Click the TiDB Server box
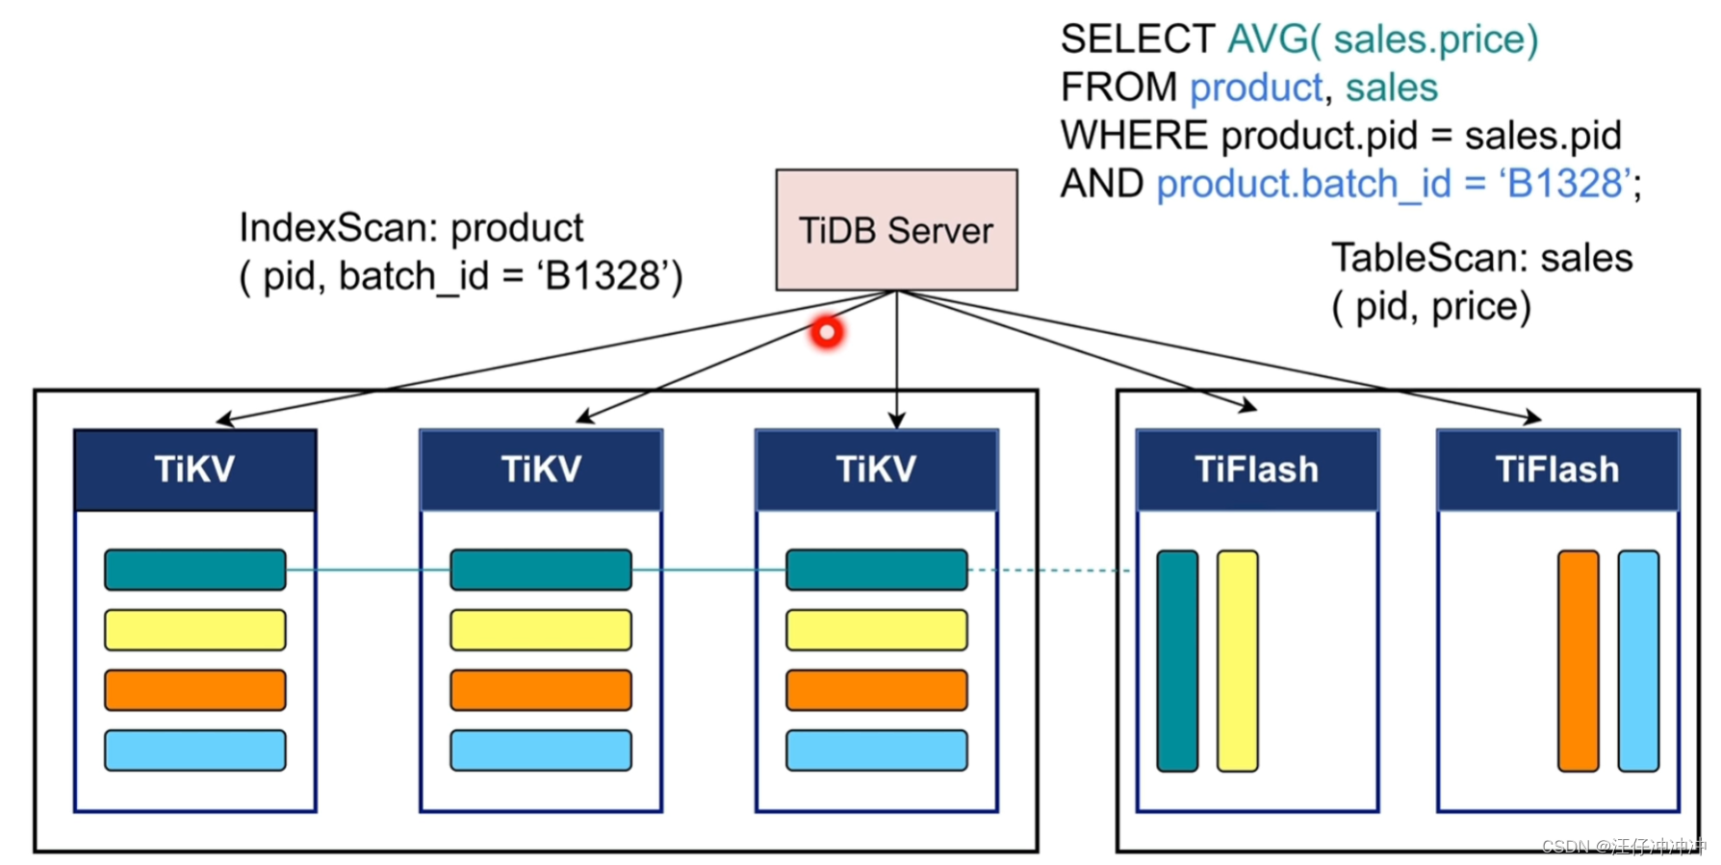(896, 230)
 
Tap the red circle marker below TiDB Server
(826, 332)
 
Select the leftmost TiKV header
(194, 470)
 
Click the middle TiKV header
(541, 470)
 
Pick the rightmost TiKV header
(876, 470)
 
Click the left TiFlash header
(1257, 470)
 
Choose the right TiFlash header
(1557, 470)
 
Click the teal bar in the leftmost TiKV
(194, 570)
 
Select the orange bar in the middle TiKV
(541, 690)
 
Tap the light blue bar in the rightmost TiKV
(876, 751)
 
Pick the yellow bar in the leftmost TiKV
(194, 630)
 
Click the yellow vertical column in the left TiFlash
(1237, 661)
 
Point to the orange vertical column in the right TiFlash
(1578, 661)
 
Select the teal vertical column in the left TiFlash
(1177, 661)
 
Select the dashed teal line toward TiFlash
(1049, 571)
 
